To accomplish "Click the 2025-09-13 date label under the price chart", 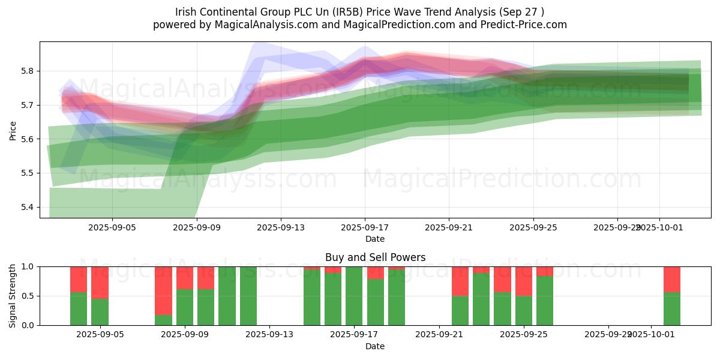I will pos(281,228).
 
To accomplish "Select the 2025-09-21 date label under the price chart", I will pos(449,228).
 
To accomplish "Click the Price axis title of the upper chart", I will pos(13,130).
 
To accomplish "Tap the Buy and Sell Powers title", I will pos(375,257).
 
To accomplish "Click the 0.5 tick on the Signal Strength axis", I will pos(28,296).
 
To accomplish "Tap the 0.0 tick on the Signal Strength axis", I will pos(28,325).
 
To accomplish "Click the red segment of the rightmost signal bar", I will pos(671,279).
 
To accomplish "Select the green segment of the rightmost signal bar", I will pos(671,309).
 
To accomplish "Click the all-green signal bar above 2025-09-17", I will pos(354,296).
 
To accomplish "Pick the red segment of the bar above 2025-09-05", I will pos(100,282).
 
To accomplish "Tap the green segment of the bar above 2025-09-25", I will pos(524,311).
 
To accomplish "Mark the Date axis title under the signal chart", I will pos(375,346).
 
